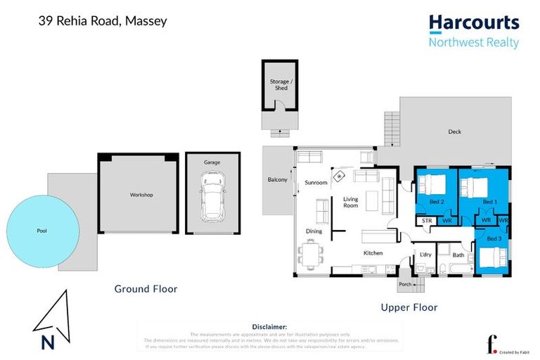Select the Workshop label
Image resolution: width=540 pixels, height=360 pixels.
pyautogui.click(x=141, y=195)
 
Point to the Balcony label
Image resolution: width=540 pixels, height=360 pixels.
pyautogui.click(x=277, y=180)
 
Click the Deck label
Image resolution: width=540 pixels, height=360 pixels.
pyautogui.click(x=454, y=131)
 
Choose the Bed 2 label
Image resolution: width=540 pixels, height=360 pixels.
pyautogui.click(x=437, y=202)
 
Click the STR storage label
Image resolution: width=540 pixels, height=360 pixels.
pyautogui.click(x=426, y=221)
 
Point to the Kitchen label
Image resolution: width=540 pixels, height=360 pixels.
pyautogui.click(x=373, y=252)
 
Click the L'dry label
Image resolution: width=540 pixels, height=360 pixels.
pyautogui.click(x=425, y=254)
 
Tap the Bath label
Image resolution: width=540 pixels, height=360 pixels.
pyautogui.click(x=458, y=255)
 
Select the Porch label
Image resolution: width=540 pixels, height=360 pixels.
pyautogui.click(x=404, y=285)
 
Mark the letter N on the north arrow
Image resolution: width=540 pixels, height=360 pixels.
pyautogui.click(x=48, y=343)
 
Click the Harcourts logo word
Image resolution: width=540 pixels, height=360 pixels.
pyautogui.click(x=473, y=22)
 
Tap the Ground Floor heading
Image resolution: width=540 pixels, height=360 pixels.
pyautogui.click(x=146, y=289)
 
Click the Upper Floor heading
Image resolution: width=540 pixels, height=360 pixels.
pyautogui.click(x=409, y=307)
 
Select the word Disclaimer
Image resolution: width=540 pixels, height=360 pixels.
pyautogui.click(x=269, y=327)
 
